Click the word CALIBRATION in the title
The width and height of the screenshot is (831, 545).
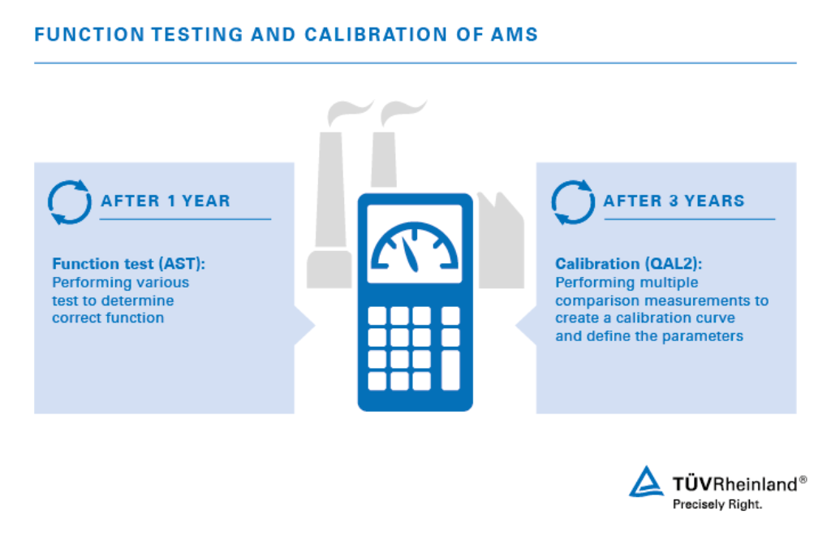[375, 34]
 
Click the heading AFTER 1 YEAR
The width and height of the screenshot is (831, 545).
[166, 201]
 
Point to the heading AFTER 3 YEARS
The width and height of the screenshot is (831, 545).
[674, 201]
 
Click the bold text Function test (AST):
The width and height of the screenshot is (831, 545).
[128, 264]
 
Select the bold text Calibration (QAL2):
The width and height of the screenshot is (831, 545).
[628, 264]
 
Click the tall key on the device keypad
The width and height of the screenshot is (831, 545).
[450, 370]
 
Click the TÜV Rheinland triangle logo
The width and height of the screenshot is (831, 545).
[646, 482]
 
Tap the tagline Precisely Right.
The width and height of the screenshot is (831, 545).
[717, 504]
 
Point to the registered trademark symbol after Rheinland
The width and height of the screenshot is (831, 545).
[803, 480]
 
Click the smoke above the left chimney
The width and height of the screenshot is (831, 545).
[349, 112]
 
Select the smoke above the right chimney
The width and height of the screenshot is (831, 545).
[403, 112]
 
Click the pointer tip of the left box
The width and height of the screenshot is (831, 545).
[316, 326]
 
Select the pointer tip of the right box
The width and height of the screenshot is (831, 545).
[515, 326]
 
